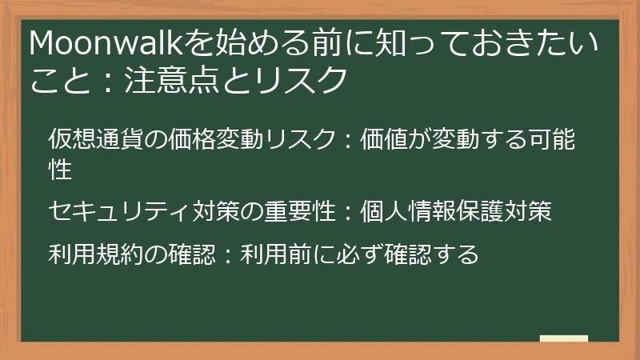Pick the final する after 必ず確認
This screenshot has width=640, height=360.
tap(457, 254)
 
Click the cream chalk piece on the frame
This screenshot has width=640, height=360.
tap(564, 339)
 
